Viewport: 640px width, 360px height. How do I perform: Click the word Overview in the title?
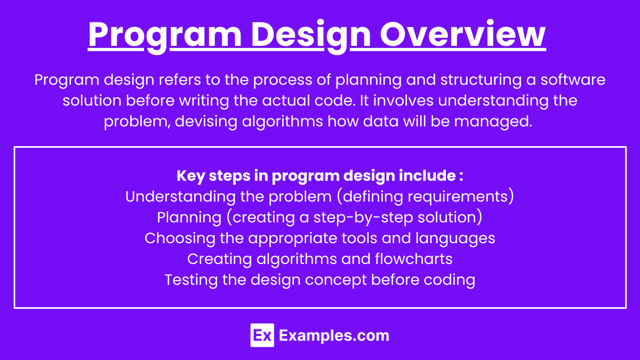[x=463, y=34]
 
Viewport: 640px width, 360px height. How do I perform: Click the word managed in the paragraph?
[x=493, y=122]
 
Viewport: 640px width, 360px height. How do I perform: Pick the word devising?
[x=206, y=122]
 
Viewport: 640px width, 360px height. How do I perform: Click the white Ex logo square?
[x=262, y=335]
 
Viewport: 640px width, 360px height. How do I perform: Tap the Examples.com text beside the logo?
[x=334, y=336]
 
